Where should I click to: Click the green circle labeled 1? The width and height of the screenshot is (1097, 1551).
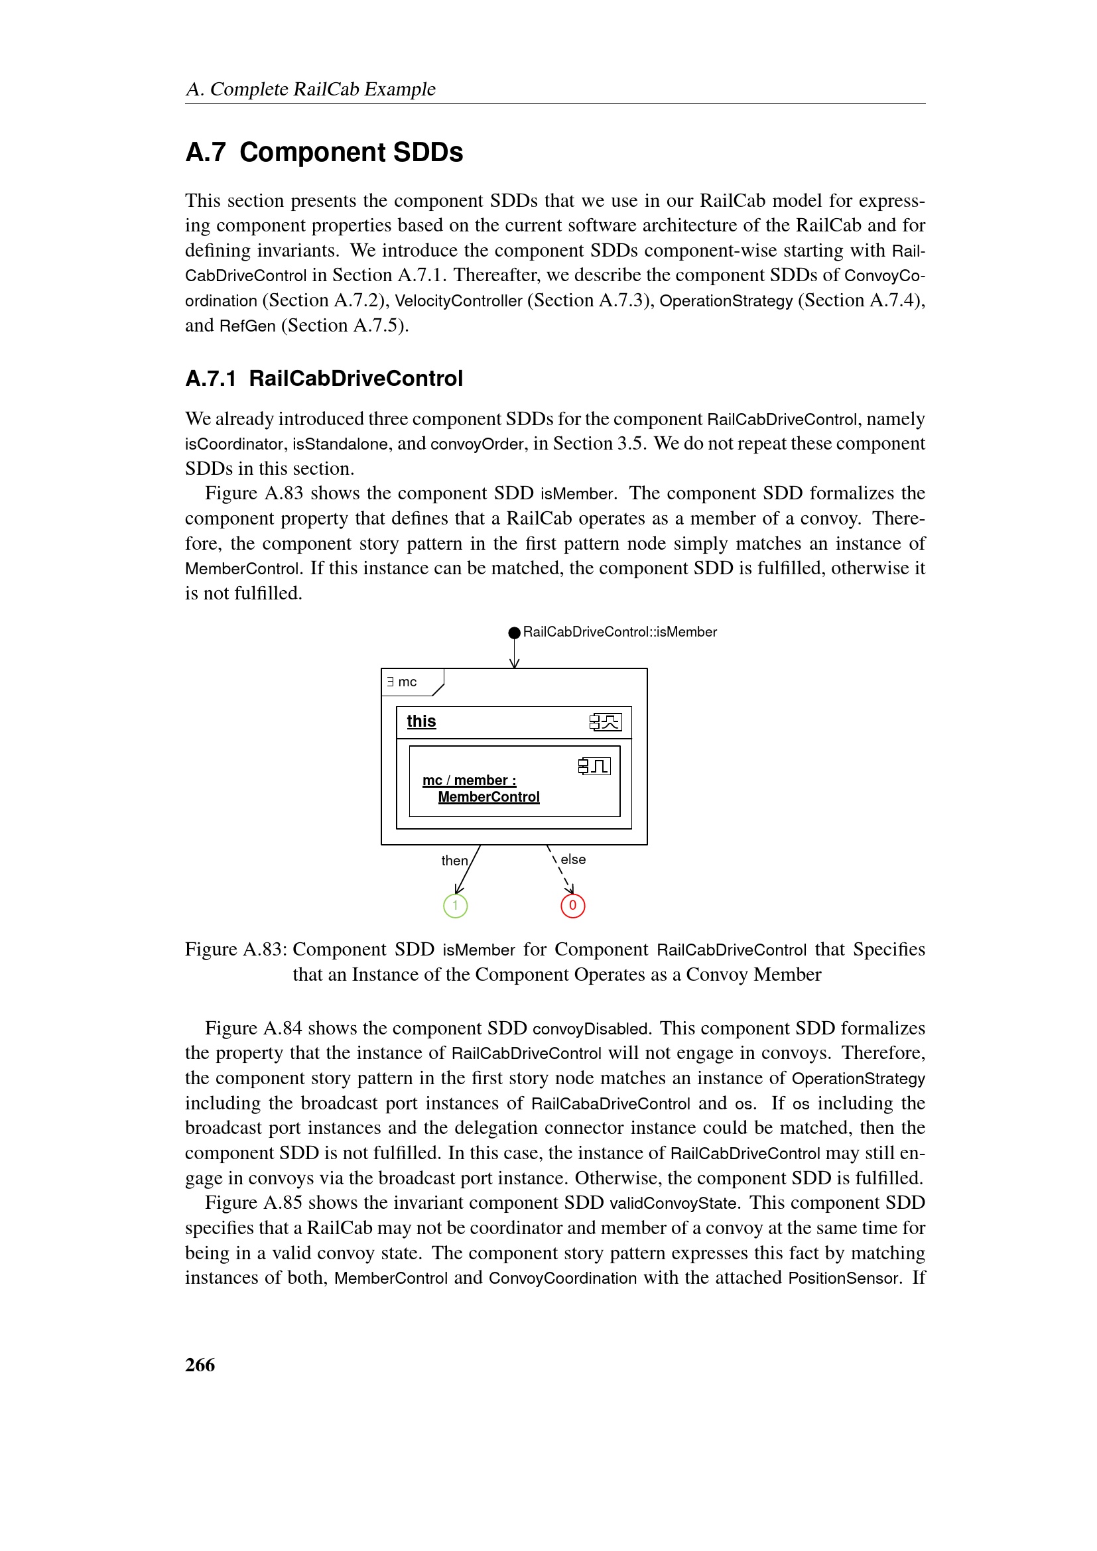[455, 905]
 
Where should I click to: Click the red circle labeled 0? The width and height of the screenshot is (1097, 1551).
[573, 905]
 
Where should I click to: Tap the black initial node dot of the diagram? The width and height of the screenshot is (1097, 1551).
[514, 633]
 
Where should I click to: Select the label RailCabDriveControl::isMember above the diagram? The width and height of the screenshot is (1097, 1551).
[619, 633]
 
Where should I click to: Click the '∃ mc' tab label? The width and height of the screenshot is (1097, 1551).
[403, 682]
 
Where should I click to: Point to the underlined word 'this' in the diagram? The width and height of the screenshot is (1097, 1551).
[421, 721]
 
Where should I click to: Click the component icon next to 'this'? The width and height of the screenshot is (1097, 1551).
[605, 722]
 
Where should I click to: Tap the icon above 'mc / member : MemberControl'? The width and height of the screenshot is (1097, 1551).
[594, 766]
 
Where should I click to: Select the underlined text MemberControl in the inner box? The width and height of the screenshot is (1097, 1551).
[488, 797]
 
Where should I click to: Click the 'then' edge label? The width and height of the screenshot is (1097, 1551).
[454, 861]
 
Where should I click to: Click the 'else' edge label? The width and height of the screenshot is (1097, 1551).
[573, 859]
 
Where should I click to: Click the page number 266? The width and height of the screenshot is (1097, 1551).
[200, 1365]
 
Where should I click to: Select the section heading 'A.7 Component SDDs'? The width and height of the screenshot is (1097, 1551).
[324, 153]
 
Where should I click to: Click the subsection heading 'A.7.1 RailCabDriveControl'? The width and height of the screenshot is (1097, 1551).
[324, 378]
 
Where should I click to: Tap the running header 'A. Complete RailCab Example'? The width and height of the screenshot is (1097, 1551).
[310, 89]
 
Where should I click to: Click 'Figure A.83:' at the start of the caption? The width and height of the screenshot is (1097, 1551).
[235, 949]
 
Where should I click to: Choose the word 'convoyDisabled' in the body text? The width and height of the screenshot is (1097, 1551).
[590, 1029]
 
